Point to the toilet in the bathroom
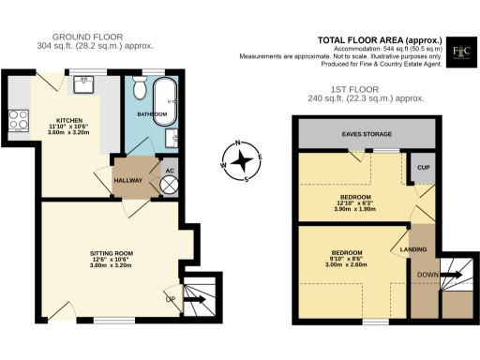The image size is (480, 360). pos(140,90)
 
